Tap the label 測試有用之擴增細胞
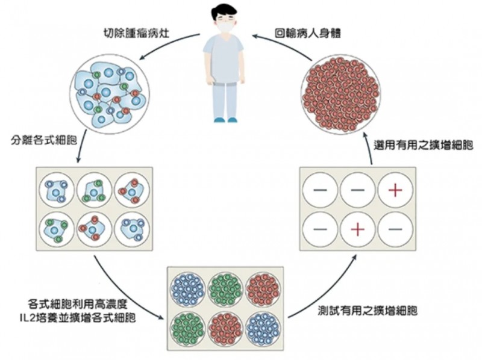pos(368,311)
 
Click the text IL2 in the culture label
pos(37,317)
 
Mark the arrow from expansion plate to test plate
pos(326,290)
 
